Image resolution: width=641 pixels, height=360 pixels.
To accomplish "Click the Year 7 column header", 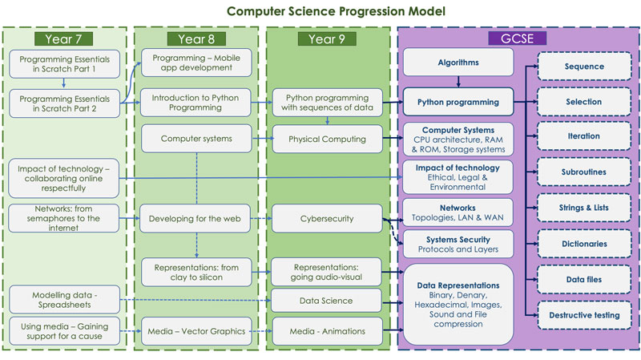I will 64,38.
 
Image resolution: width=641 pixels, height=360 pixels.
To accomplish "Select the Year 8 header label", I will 196,38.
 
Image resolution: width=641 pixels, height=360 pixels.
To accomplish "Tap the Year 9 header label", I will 326,38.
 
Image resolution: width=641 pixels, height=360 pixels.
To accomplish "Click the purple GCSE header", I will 518,38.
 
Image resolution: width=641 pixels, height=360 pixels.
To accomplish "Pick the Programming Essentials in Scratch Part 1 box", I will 65,63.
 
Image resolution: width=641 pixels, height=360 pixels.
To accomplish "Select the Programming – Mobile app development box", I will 196,62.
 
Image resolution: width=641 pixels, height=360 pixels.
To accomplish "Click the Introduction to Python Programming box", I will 196,103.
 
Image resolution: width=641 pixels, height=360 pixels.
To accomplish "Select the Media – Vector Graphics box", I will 196,330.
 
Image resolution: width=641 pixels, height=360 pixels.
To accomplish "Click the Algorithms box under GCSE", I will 458,62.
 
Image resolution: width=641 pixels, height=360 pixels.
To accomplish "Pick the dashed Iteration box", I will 583,136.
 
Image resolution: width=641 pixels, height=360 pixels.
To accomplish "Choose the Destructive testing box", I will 583,315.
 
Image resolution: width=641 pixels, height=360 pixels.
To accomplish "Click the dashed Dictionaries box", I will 583,243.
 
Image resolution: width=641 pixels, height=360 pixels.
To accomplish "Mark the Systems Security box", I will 458,244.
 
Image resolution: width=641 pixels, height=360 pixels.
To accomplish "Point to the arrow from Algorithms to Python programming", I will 458,81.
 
